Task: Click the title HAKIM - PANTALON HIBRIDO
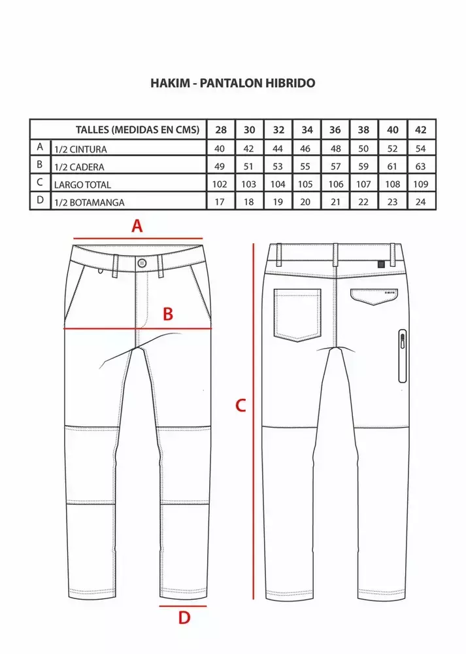tap(233, 83)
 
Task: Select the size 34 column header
tap(307, 129)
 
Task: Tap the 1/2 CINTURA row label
tap(80, 149)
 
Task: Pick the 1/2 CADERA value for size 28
tap(219, 166)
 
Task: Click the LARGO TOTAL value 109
tap(420, 184)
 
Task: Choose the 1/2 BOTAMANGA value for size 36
tap(335, 202)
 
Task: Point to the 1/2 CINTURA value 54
tap(420, 148)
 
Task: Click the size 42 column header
tap(420, 129)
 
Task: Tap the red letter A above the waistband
tap(137, 226)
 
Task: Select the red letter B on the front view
tap(167, 314)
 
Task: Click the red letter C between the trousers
tap(241, 405)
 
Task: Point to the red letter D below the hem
tap(184, 618)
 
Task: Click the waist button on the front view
tap(142, 263)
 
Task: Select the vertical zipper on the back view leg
tap(402, 356)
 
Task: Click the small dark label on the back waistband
tap(381, 264)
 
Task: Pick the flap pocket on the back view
tap(374, 296)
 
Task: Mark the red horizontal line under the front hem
tap(183, 606)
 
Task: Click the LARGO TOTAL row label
tap(82, 184)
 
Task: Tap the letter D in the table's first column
tap(40, 199)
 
